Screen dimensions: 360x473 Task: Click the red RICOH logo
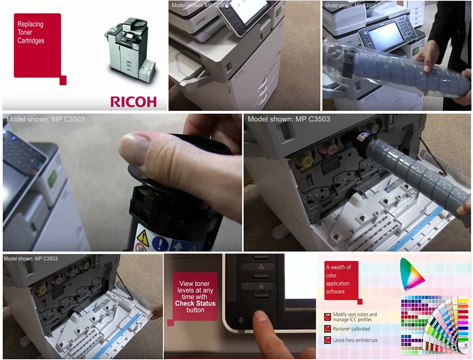coord(133,101)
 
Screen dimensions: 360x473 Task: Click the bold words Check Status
coord(195,303)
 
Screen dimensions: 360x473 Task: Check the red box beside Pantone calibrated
coord(327,329)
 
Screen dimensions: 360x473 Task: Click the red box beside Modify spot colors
coord(327,316)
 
